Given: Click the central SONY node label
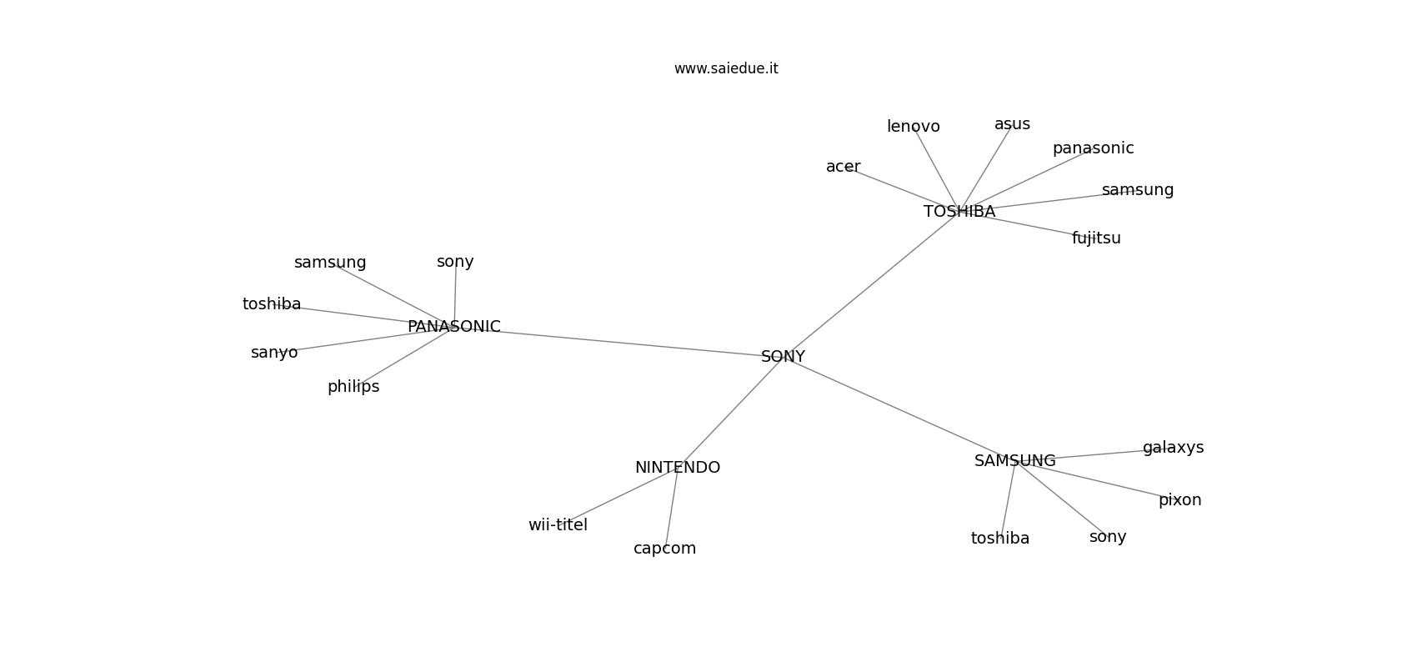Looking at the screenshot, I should [783, 357].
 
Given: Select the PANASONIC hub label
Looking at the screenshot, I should [453, 327].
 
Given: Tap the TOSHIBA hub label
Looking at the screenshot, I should [959, 212].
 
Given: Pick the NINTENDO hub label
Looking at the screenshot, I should [677, 468].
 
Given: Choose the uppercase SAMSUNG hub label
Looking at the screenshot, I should [1014, 461].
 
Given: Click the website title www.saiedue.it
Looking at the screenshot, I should [726, 69].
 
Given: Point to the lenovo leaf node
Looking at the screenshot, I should [913, 127].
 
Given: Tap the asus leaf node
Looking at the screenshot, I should [1012, 124].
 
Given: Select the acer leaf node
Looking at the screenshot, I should [843, 167].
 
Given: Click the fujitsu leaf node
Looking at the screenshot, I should [1096, 238].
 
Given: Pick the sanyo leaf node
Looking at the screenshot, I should [274, 353].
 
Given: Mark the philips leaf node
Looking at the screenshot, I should [353, 387].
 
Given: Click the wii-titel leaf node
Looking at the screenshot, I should [558, 525].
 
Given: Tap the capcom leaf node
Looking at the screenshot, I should [664, 549].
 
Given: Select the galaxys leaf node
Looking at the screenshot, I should [1173, 448].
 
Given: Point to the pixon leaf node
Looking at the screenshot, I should [1179, 500].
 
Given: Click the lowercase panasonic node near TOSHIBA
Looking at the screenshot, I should [1093, 148].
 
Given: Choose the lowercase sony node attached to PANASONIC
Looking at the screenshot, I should [455, 262].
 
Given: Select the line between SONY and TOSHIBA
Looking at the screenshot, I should [871, 284].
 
